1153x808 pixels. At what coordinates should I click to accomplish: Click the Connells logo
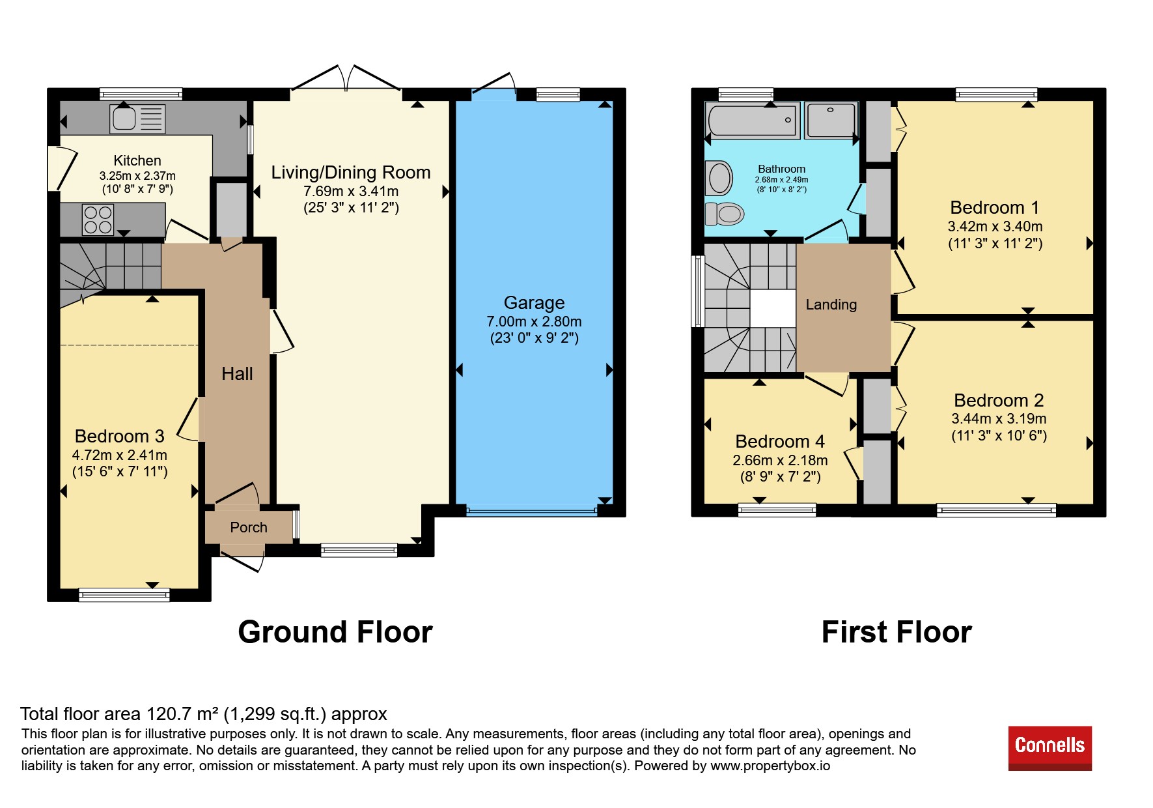(x=1049, y=748)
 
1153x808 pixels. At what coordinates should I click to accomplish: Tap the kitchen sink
(x=137, y=119)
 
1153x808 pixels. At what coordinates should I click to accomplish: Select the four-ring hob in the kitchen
(x=98, y=219)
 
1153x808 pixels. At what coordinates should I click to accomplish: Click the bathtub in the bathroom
(x=753, y=121)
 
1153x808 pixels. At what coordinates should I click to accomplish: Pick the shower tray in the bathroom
(x=831, y=120)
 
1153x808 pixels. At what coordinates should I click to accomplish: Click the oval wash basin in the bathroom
(x=719, y=178)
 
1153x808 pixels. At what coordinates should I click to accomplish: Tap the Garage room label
(x=534, y=302)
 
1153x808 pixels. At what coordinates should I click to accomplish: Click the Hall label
(x=237, y=373)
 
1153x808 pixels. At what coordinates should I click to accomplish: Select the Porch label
(x=249, y=527)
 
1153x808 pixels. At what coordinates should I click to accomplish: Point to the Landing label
(x=831, y=304)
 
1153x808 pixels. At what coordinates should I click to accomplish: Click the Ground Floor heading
(x=335, y=632)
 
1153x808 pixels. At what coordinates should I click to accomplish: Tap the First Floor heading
(x=896, y=632)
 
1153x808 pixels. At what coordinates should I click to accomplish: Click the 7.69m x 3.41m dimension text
(x=351, y=191)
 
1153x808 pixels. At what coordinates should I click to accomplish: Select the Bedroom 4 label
(x=780, y=441)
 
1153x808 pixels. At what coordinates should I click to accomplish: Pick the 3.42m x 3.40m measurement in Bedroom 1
(x=995, y=226)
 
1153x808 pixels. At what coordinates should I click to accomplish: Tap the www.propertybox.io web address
(x=770, y=766)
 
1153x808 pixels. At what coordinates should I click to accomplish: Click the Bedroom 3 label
(x=119, y=436)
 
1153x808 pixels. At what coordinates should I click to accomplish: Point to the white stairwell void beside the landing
(x=773, y=308)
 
